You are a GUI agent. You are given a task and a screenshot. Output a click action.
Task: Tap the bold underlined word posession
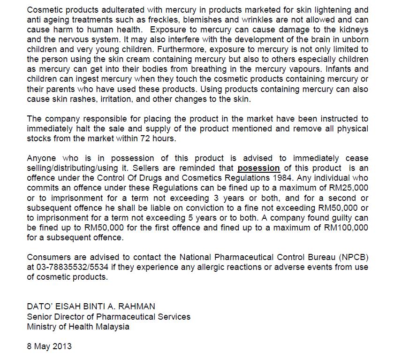258,168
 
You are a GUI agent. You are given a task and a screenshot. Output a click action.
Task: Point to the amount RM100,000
344,228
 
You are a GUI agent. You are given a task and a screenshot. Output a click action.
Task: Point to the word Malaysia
113,327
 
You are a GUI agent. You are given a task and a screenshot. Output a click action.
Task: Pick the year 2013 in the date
62,346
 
